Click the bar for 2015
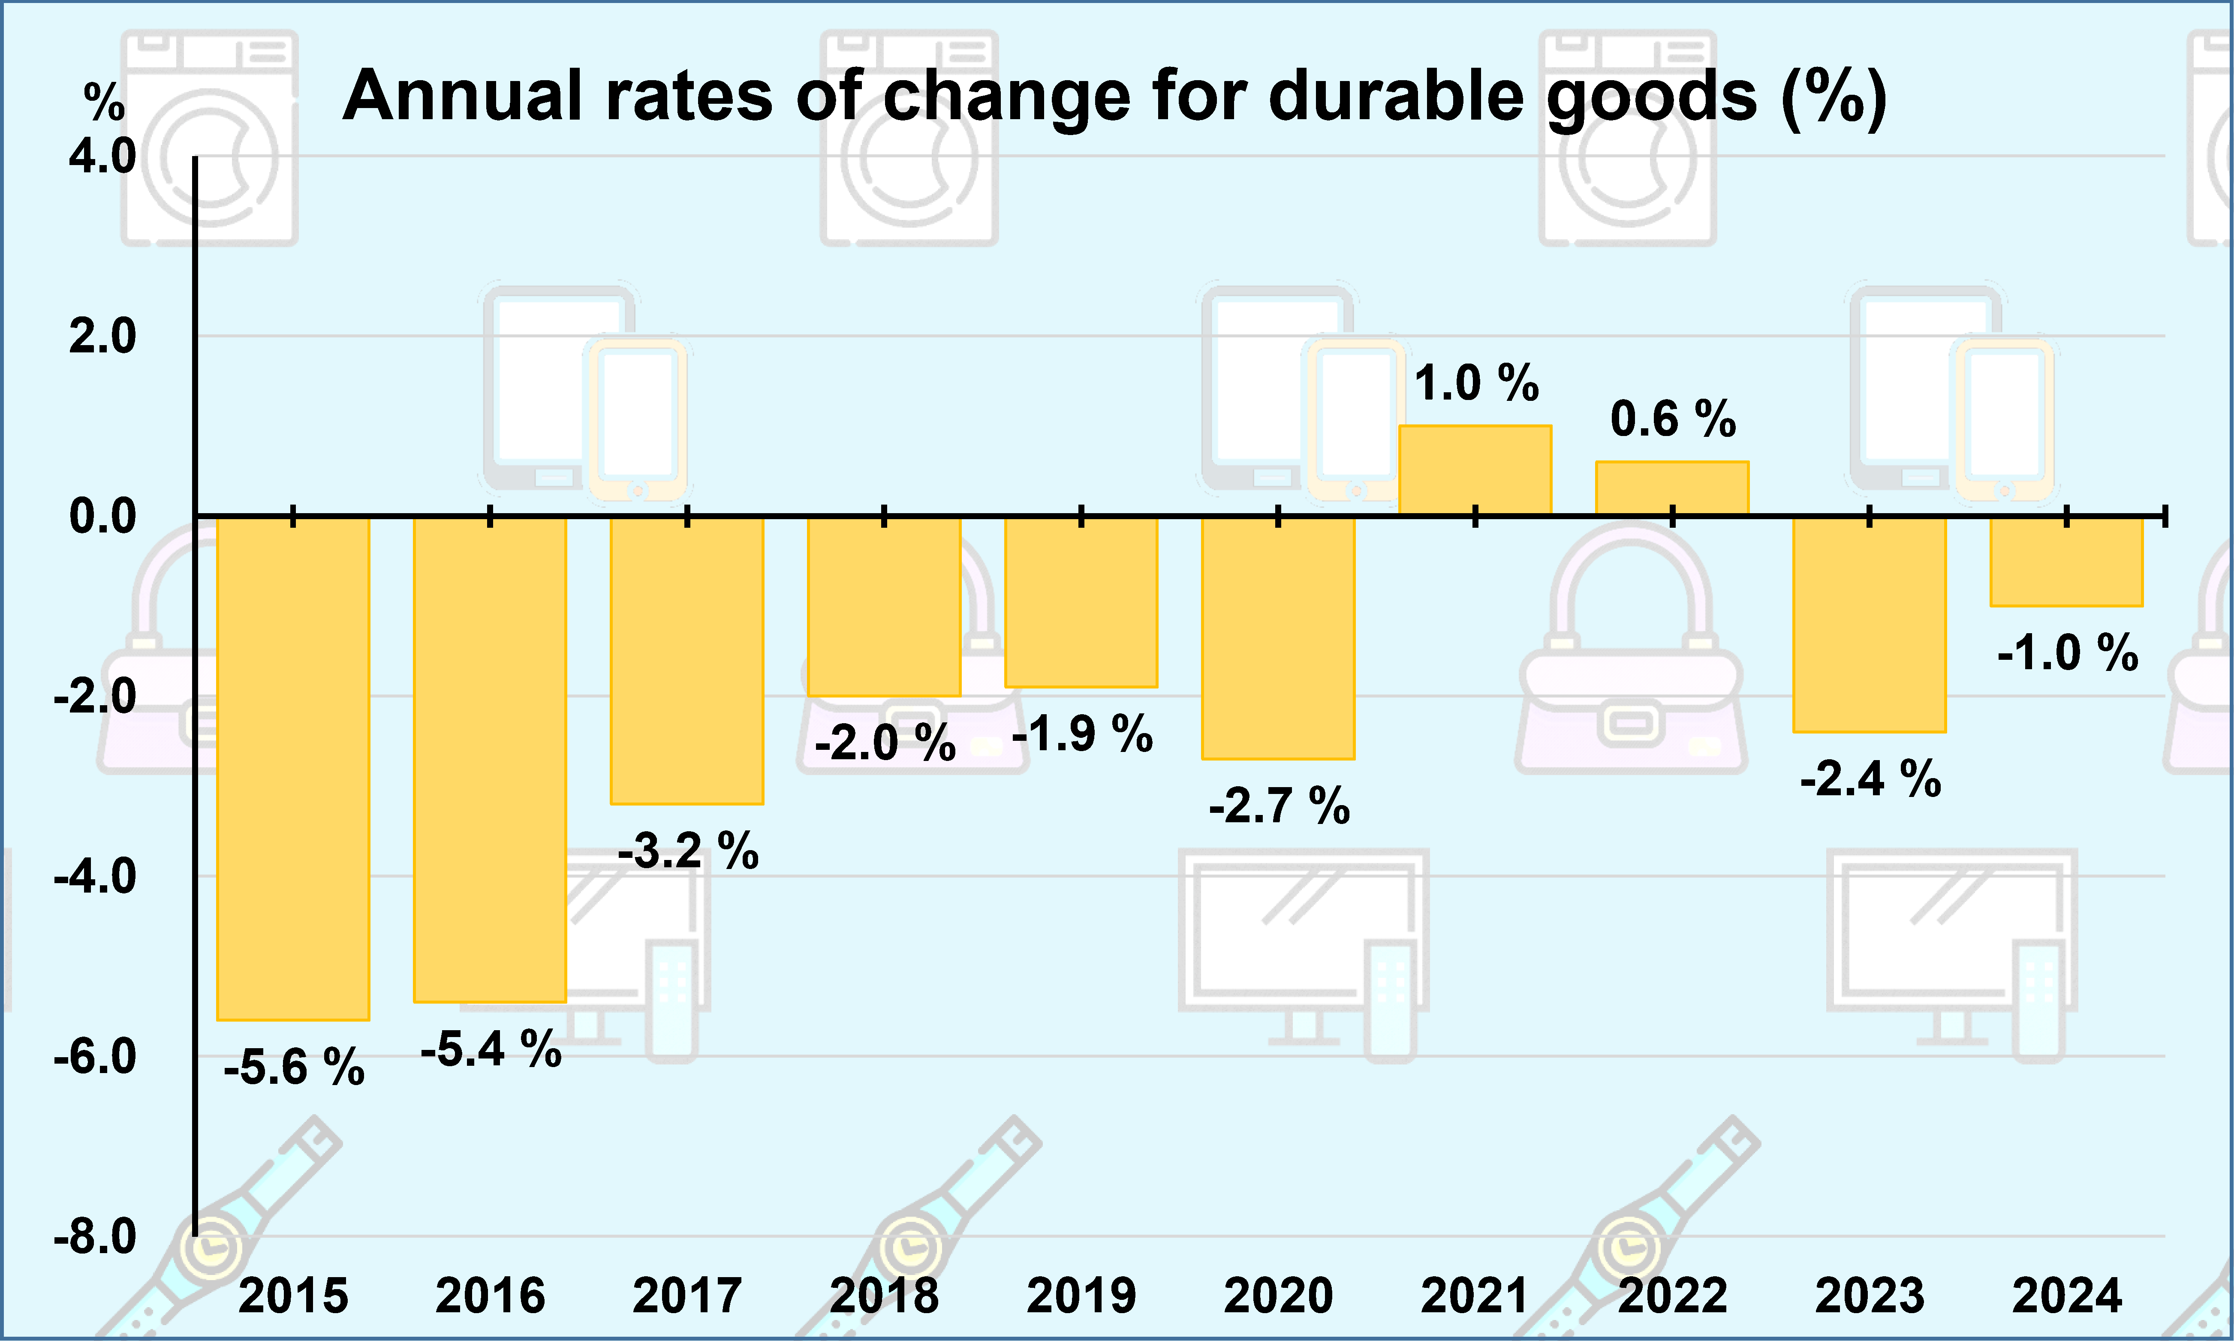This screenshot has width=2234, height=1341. [293, 768]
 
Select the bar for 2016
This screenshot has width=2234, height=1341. [490, 759]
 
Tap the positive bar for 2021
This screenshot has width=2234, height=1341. [1475, 470]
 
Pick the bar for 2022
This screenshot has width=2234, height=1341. [1672, 488]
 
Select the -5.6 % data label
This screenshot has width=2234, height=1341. [294, 1068]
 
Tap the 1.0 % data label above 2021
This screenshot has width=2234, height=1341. [1476, 383]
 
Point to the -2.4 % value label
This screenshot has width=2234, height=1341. [1870, 779]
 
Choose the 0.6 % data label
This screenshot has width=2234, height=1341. [1673, 419]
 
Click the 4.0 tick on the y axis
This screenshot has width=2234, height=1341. [102, 156]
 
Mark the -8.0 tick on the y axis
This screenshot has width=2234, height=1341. [95, 1236]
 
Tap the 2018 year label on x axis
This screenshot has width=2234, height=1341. [884, 1296]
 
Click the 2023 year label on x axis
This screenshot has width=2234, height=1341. [1870, 1296]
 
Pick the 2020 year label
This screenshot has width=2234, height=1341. [1278, 1296]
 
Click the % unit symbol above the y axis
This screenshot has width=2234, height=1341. [104, 102]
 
